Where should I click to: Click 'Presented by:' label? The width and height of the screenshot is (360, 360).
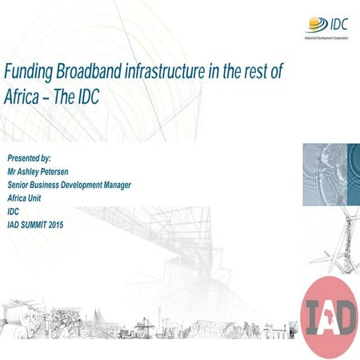[x=30, y=159]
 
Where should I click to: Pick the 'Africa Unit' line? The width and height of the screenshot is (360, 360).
[x=26, y=198]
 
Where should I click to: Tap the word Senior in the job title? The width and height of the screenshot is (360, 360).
[x=21, y=186]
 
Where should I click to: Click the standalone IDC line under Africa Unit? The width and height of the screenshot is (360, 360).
[x=13, y=212]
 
